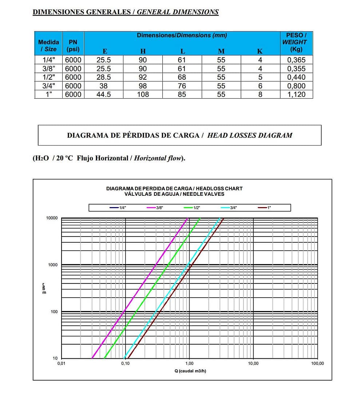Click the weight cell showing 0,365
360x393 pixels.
(x=296, y=60)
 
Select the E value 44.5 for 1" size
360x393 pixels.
(x=104, y=94)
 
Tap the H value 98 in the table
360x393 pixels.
(x=143, y=86)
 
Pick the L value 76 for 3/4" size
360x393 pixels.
(x=182, y=86)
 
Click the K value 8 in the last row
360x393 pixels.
(x=260, y=94)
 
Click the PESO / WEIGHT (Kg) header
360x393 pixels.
(x=296, y=42)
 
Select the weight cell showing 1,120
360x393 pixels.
(x=296, y=94)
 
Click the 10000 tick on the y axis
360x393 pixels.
(x=52, y=218)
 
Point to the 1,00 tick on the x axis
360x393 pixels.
(x=189, y=364)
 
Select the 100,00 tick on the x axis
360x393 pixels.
(x=317, y=364)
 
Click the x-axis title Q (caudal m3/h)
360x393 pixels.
(x=190, y=371)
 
